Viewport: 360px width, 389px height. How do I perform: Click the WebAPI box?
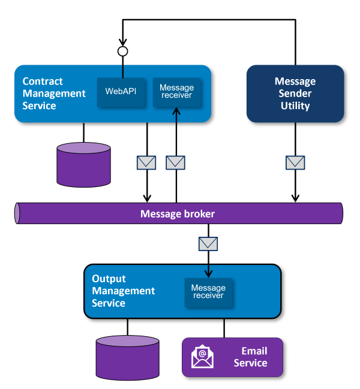point(121,92)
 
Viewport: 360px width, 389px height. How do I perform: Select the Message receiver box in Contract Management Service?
point(176,92)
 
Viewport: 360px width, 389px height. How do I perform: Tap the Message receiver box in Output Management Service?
point(208,292)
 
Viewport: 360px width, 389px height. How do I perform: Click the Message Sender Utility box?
point(295,94)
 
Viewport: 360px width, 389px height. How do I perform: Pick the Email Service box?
point(232,357)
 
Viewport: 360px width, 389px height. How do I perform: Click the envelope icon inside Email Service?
point(203,357)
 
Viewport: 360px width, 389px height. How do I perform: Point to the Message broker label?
point(177,213)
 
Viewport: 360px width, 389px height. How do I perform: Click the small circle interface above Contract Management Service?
point(123,52)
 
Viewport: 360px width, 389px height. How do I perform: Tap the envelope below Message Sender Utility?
point(295,162)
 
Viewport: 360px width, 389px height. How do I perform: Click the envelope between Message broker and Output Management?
point(208,243)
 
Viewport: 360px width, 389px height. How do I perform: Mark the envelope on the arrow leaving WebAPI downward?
point(147,162)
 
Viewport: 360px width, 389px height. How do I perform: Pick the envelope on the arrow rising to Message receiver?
point(176,162)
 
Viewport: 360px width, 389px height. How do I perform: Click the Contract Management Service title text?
point(54,94)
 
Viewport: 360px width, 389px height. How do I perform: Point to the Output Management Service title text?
point(123,291)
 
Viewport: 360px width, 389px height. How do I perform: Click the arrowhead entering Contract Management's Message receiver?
point(176,111)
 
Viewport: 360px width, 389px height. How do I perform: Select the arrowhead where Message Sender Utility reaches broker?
point(295,198)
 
